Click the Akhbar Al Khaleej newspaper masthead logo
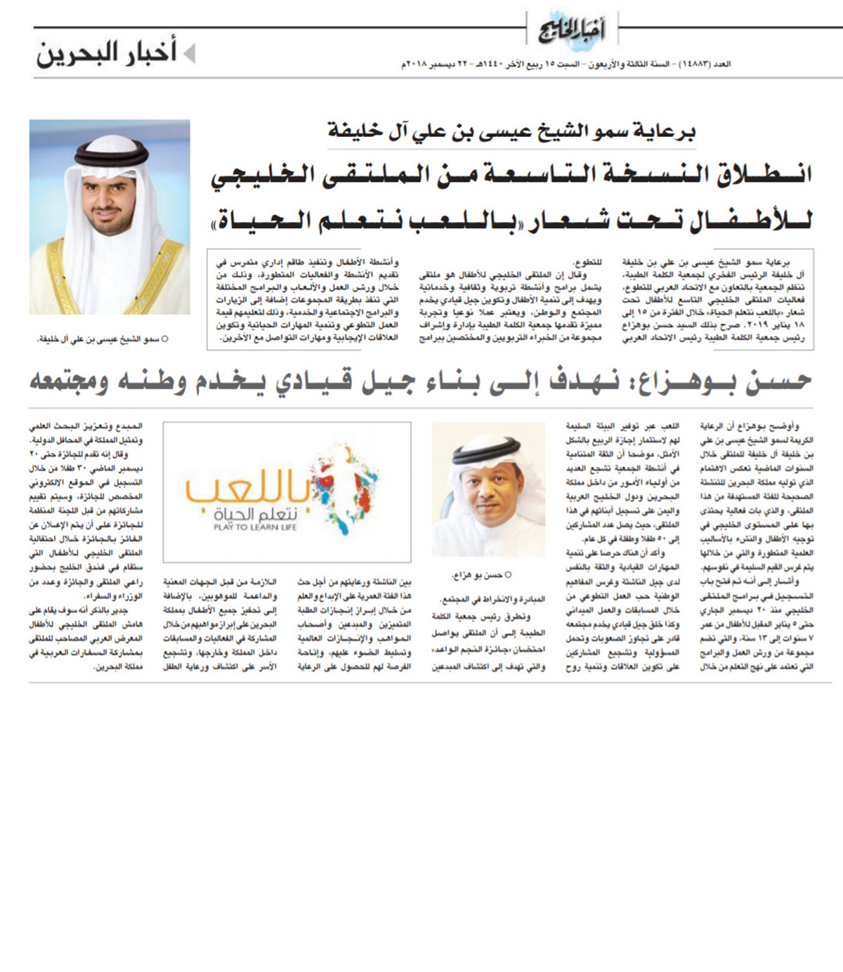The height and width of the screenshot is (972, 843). (572, 29)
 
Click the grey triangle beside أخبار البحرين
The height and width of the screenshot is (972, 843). (188, 54)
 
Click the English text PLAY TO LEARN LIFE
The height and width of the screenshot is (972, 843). (256, 527)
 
